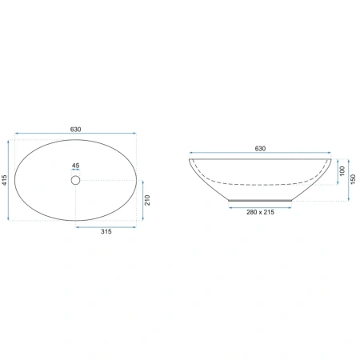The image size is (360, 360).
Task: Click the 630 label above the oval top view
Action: click(x=75, y=130)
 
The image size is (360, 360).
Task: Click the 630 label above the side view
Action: click(x=260, y=149)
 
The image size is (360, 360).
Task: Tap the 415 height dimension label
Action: click(x=4, y=180)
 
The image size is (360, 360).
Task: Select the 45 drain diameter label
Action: click(x=75, y=166)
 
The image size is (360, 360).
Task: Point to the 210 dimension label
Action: click(x=147, y=200)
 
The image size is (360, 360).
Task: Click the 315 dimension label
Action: click(x=106, y=231)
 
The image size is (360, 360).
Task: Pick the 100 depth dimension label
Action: click(x=342, y=171)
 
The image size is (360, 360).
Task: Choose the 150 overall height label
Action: click(x=353, y=179)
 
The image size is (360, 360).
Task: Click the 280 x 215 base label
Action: click(x=260, y=212)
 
